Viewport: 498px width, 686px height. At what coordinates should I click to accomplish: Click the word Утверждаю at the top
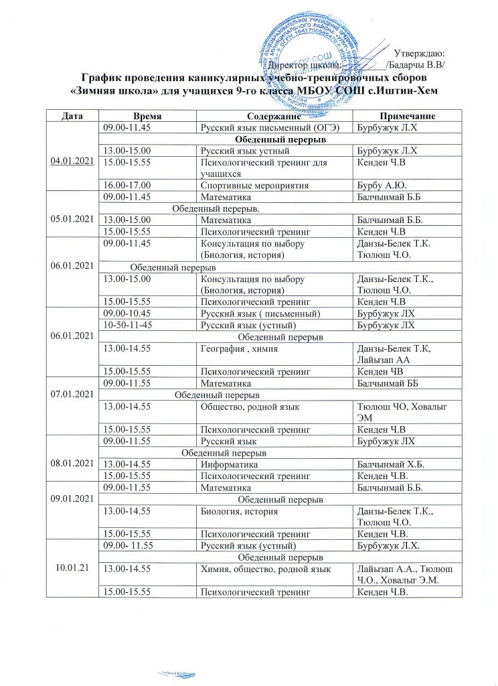(x=420, y=53)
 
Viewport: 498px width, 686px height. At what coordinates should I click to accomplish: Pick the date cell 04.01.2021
(x=72, y=159)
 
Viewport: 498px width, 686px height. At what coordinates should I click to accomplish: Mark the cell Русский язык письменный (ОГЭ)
(x=257, y=127)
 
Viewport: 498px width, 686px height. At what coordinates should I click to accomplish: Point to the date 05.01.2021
(x=72, y=219)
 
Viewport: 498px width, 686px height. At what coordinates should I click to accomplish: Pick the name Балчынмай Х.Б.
(x=392, y=464)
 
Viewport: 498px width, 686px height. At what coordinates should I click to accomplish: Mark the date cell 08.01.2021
(x=72, y=464)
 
